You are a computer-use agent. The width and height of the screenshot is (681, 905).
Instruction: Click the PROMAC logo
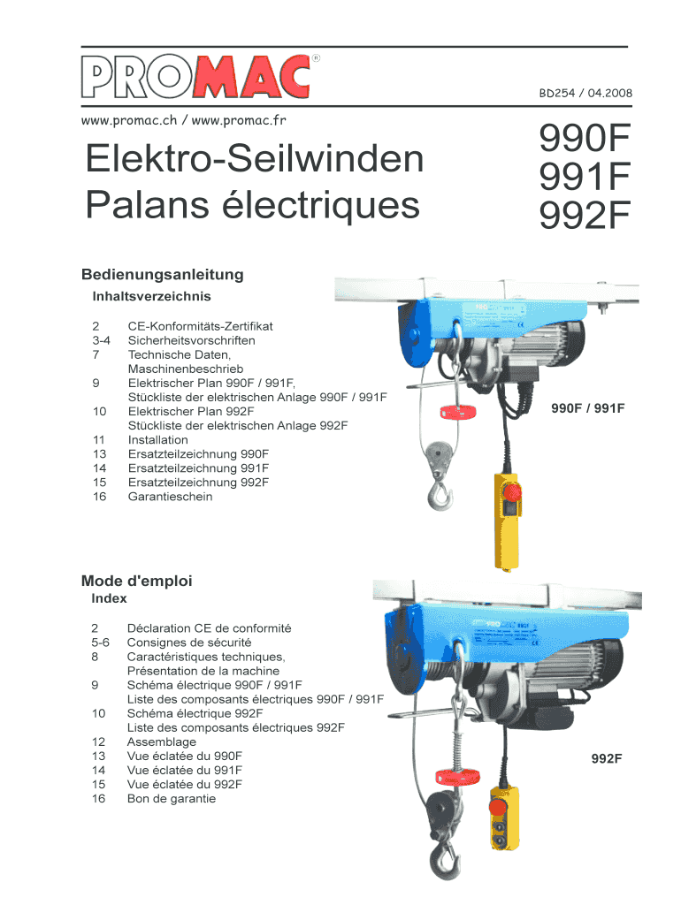[200, 76]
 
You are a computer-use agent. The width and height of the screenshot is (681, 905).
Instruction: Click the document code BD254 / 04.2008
[585, 93]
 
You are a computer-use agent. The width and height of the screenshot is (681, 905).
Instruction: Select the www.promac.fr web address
[239, 120]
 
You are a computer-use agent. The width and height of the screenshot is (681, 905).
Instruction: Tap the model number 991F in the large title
[584, 176]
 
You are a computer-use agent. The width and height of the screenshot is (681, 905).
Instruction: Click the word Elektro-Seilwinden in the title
[254, 158]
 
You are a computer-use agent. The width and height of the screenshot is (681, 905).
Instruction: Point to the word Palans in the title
[147, 204]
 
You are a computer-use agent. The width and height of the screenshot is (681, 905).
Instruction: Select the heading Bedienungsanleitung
[163, 274]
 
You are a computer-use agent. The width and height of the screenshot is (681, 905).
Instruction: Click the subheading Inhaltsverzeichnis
[151, 296]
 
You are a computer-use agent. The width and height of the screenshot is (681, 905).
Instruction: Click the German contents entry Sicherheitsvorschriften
[191, 340]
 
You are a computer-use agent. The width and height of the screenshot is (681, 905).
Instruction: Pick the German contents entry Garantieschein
[170, 497]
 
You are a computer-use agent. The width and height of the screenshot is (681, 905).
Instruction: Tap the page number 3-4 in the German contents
[101, 340]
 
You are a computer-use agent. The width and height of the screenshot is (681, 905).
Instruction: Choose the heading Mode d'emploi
[136, 581]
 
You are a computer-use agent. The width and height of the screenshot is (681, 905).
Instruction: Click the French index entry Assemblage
[161, 741]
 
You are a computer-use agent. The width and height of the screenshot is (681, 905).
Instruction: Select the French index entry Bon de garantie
[171, 799]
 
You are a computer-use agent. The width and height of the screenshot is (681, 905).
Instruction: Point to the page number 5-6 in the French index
[100, 643]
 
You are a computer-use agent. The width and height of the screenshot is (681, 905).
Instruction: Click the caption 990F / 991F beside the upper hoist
[587, 408]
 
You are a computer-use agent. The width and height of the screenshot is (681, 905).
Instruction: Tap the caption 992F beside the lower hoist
[607, 758]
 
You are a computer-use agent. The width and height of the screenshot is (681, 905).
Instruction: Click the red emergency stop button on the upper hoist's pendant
[513, 492]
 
